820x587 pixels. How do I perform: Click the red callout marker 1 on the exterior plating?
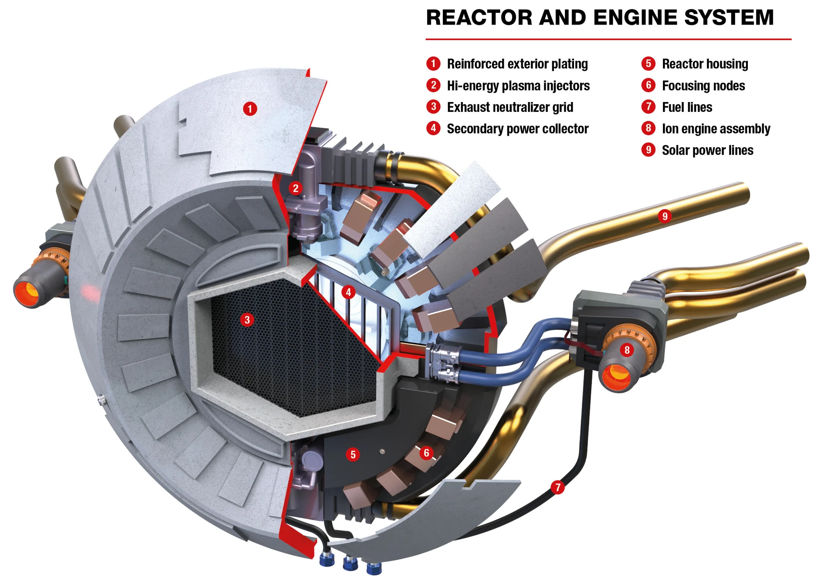(x=250, y=109)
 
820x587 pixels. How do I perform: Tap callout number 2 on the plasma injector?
(x=295, y=189)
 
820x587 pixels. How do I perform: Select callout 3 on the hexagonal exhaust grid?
(x=247, y=320)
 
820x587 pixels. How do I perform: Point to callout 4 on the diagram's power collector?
(x=348, y=292)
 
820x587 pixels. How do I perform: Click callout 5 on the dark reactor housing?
(x=353, y=454)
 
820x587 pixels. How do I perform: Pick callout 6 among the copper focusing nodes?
(x=426, y=453)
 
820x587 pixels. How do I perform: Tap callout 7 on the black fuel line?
(x=558, y=487)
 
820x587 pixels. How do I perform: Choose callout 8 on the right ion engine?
(x=626, y=350)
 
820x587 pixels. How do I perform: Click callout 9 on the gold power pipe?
(x=665, y=216)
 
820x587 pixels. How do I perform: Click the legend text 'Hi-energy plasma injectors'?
(x=518, y=86)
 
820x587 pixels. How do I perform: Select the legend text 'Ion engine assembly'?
(x=716, y=129)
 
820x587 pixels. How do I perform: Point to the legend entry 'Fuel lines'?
(x=687, y=107)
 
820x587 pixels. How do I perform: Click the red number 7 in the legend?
(x=648, y=107)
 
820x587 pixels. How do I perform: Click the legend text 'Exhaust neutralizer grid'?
(x=510, y=107)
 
